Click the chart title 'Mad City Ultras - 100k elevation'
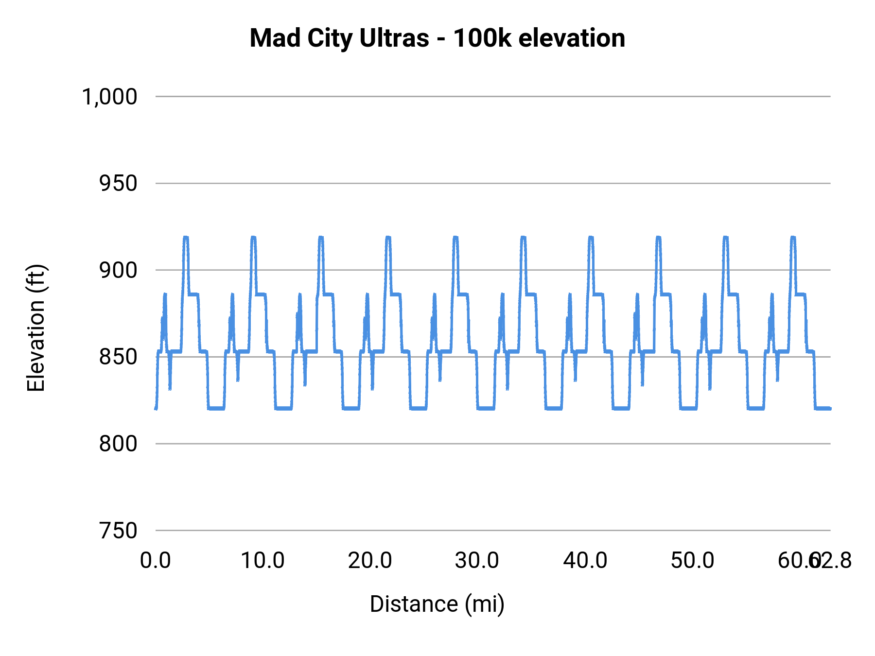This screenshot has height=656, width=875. coord(437,38)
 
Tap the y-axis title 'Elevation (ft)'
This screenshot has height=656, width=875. coord(35,328)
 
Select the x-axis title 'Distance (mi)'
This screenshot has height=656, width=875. coord(437,604)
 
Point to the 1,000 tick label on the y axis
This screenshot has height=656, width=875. coord(109,97)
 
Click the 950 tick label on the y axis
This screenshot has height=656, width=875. coord(118,184)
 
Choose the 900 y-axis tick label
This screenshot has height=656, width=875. coord(118,270)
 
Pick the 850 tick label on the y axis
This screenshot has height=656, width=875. coord(118,357)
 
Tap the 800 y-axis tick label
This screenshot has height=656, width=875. coord(118,444)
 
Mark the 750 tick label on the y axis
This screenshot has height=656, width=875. coord(118,531)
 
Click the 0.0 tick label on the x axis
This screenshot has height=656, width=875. coord(156,561)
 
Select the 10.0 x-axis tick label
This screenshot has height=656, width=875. coord(263,561)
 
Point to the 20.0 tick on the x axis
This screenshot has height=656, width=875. coord(370,561)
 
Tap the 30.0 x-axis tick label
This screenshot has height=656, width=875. coord(477,561)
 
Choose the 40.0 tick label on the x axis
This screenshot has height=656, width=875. coord(585,561)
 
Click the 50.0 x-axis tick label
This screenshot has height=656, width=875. coord(692,561)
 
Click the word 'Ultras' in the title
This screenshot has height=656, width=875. coord(394,38)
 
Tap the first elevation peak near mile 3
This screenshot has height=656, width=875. coord(186,238)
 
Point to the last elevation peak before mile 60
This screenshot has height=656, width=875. coord(793,238)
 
